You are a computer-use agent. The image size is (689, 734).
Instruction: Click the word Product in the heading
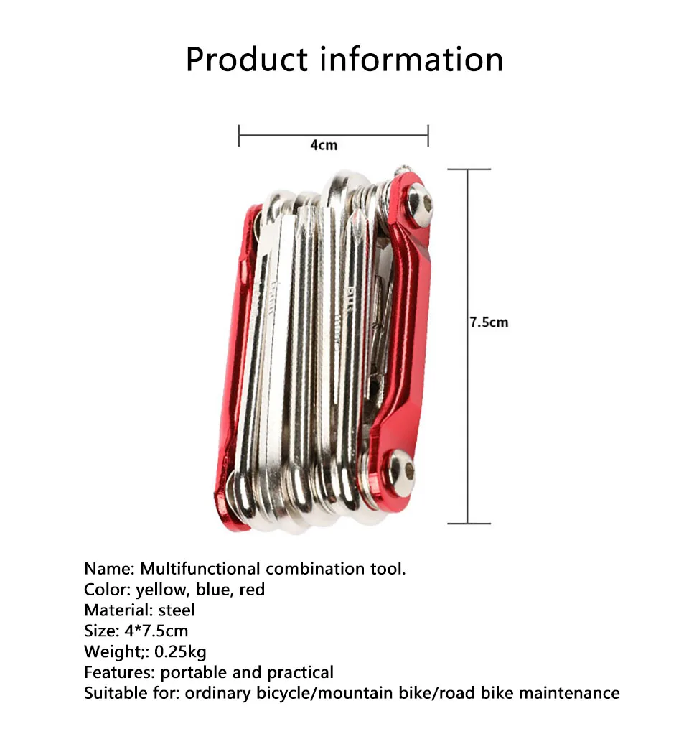[248, 59]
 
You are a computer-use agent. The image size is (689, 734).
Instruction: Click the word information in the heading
[411, 59]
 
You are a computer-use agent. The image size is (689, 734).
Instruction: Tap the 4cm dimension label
[323, 145]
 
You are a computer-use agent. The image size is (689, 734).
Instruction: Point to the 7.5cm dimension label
[489, 322]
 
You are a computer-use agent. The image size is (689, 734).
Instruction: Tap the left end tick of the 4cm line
[239, 134]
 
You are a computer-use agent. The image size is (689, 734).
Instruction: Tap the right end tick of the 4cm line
[428, 134]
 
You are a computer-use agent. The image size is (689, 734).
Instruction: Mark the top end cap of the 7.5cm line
[468, 169]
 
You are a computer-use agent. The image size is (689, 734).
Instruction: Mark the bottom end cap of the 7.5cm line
[468, 523]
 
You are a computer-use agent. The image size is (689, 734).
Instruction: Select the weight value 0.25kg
[181, 652]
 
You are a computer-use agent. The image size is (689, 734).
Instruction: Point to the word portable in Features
[189, 673]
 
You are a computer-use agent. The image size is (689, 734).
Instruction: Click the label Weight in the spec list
[110, 652]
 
